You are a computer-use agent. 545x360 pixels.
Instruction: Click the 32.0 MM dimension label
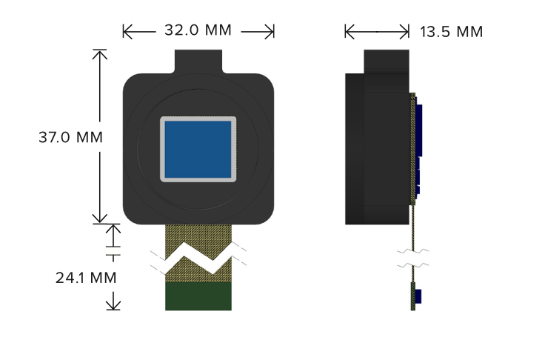198,30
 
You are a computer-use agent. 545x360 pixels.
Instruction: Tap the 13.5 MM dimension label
451,32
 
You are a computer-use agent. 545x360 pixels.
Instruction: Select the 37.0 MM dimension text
70,137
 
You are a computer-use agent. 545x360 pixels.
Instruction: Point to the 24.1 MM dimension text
86,278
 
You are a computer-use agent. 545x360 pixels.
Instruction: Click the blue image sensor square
198,149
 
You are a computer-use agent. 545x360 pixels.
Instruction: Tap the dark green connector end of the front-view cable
198,296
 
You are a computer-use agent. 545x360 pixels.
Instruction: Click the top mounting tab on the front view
198,61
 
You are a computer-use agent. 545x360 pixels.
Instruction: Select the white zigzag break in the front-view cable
198,257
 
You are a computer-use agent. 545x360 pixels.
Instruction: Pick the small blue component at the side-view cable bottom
418,296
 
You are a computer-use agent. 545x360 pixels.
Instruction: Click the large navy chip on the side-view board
419,130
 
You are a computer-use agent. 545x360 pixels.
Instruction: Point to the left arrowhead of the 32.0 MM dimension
127,32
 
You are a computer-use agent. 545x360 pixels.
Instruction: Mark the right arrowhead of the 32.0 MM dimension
270,32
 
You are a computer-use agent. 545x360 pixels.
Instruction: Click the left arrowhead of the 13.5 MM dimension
350,32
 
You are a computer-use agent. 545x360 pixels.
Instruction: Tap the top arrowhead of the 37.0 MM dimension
100,55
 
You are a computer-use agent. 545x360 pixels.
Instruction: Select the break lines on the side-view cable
413,258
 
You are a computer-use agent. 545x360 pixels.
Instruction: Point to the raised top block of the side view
387,61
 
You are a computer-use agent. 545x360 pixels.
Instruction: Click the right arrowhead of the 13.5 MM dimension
404,32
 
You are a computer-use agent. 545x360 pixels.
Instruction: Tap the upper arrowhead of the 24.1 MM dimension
113,230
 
